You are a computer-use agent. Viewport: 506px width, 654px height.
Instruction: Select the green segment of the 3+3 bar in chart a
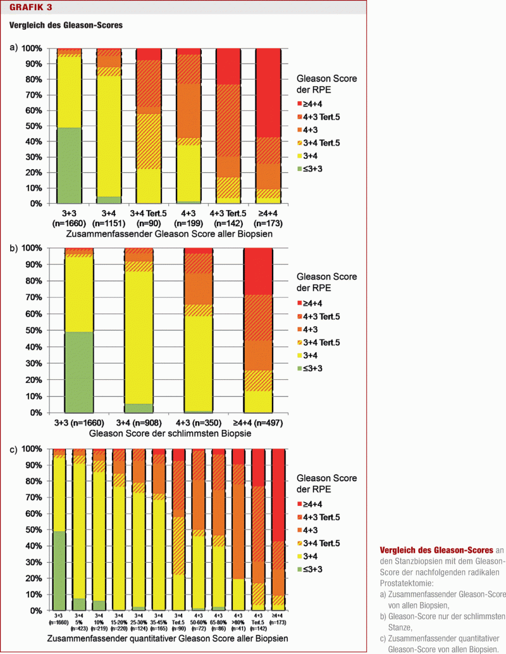point(69,165)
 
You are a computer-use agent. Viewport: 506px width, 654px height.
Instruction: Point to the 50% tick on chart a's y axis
point(31,126)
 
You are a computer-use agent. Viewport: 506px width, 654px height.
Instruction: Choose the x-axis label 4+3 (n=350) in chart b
point(197,423)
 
